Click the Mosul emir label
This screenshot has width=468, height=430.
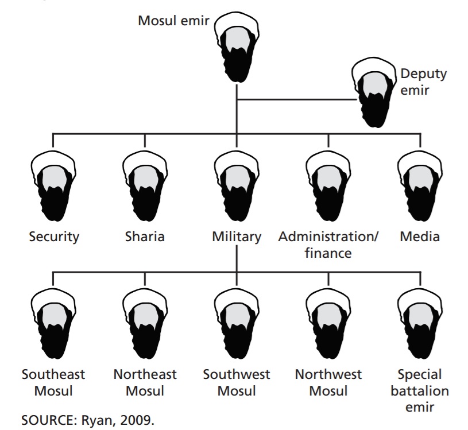pos(173,21)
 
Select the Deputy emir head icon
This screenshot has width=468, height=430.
pos(374,91)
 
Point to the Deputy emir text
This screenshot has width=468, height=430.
pos(423,82)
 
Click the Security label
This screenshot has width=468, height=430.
pos(54,236)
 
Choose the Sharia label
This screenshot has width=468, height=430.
pos(145,236)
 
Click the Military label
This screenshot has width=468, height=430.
pos(236,236)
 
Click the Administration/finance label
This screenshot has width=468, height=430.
pos(328,244)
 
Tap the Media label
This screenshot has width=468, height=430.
pos(420,236)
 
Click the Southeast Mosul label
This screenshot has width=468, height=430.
pos(53,383)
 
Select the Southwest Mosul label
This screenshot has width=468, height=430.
pos(236,383)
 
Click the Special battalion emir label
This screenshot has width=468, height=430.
pos(420,391)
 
